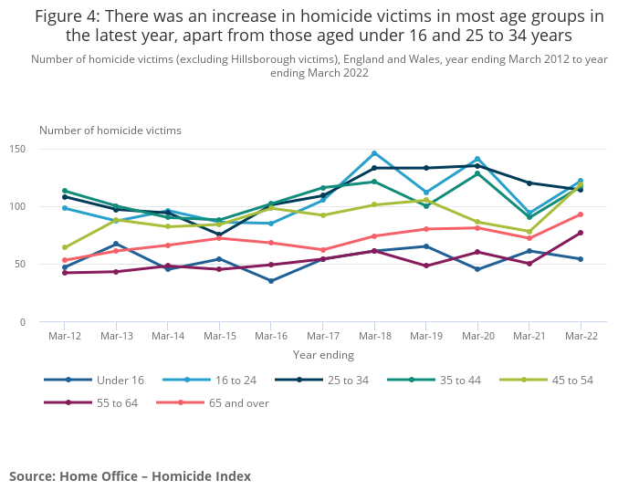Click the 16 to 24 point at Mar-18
click(374, 153)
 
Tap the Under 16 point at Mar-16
click(271, 281)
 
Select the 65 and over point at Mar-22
click(581, 214)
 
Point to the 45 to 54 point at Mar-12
click(65, 247)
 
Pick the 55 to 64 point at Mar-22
click(581, 233)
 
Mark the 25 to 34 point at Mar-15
click(219, 235)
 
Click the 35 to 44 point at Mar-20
click(477, 173)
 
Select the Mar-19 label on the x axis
click(425, 336)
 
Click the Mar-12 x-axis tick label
click(65, 336)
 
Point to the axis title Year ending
click(323, 355)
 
